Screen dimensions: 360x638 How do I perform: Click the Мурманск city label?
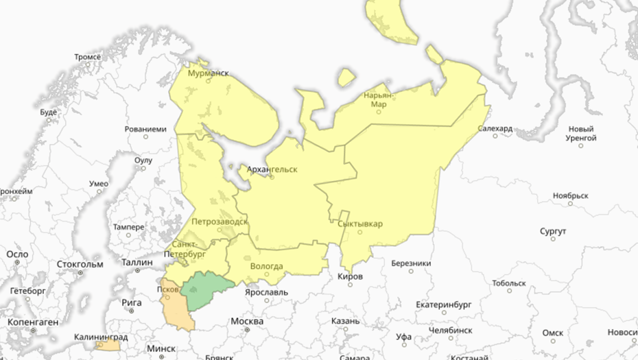[x=208, y=73]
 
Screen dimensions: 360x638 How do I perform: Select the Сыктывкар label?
[x=360, y=224]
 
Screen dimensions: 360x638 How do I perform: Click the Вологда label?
[x=267, y=266]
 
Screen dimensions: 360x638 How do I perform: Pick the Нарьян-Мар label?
[x=379, y=100]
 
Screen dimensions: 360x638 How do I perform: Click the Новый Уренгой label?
[x=581, y=133]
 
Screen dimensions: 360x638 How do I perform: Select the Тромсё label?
[x=88, y=56]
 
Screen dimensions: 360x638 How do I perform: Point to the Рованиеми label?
[x=145, y=129]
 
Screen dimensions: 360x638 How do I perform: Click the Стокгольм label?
[x=80, y=264]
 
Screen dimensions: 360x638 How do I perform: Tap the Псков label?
[x=168, y=289]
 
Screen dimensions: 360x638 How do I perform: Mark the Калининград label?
[x=102, y=337]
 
